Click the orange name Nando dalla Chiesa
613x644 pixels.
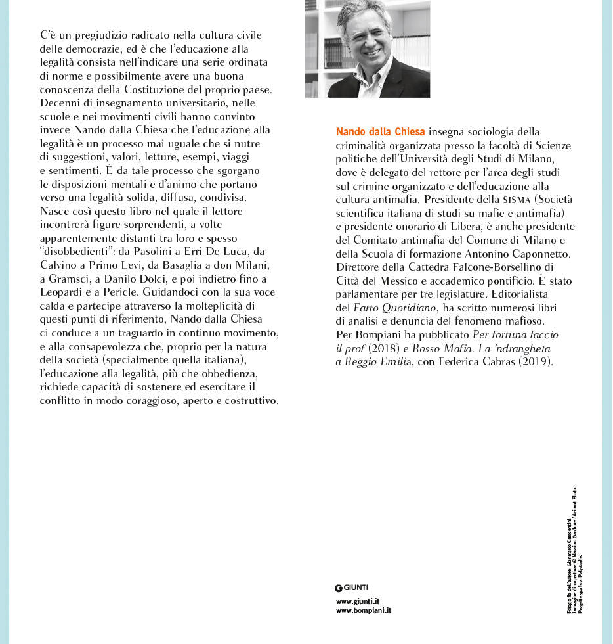(x=380, y=132)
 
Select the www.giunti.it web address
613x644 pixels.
(x=357, y=601)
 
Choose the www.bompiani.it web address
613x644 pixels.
(x=363, y=610)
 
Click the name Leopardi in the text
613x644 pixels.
(x=64, y=292)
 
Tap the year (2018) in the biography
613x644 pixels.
(x=380, y=348)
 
